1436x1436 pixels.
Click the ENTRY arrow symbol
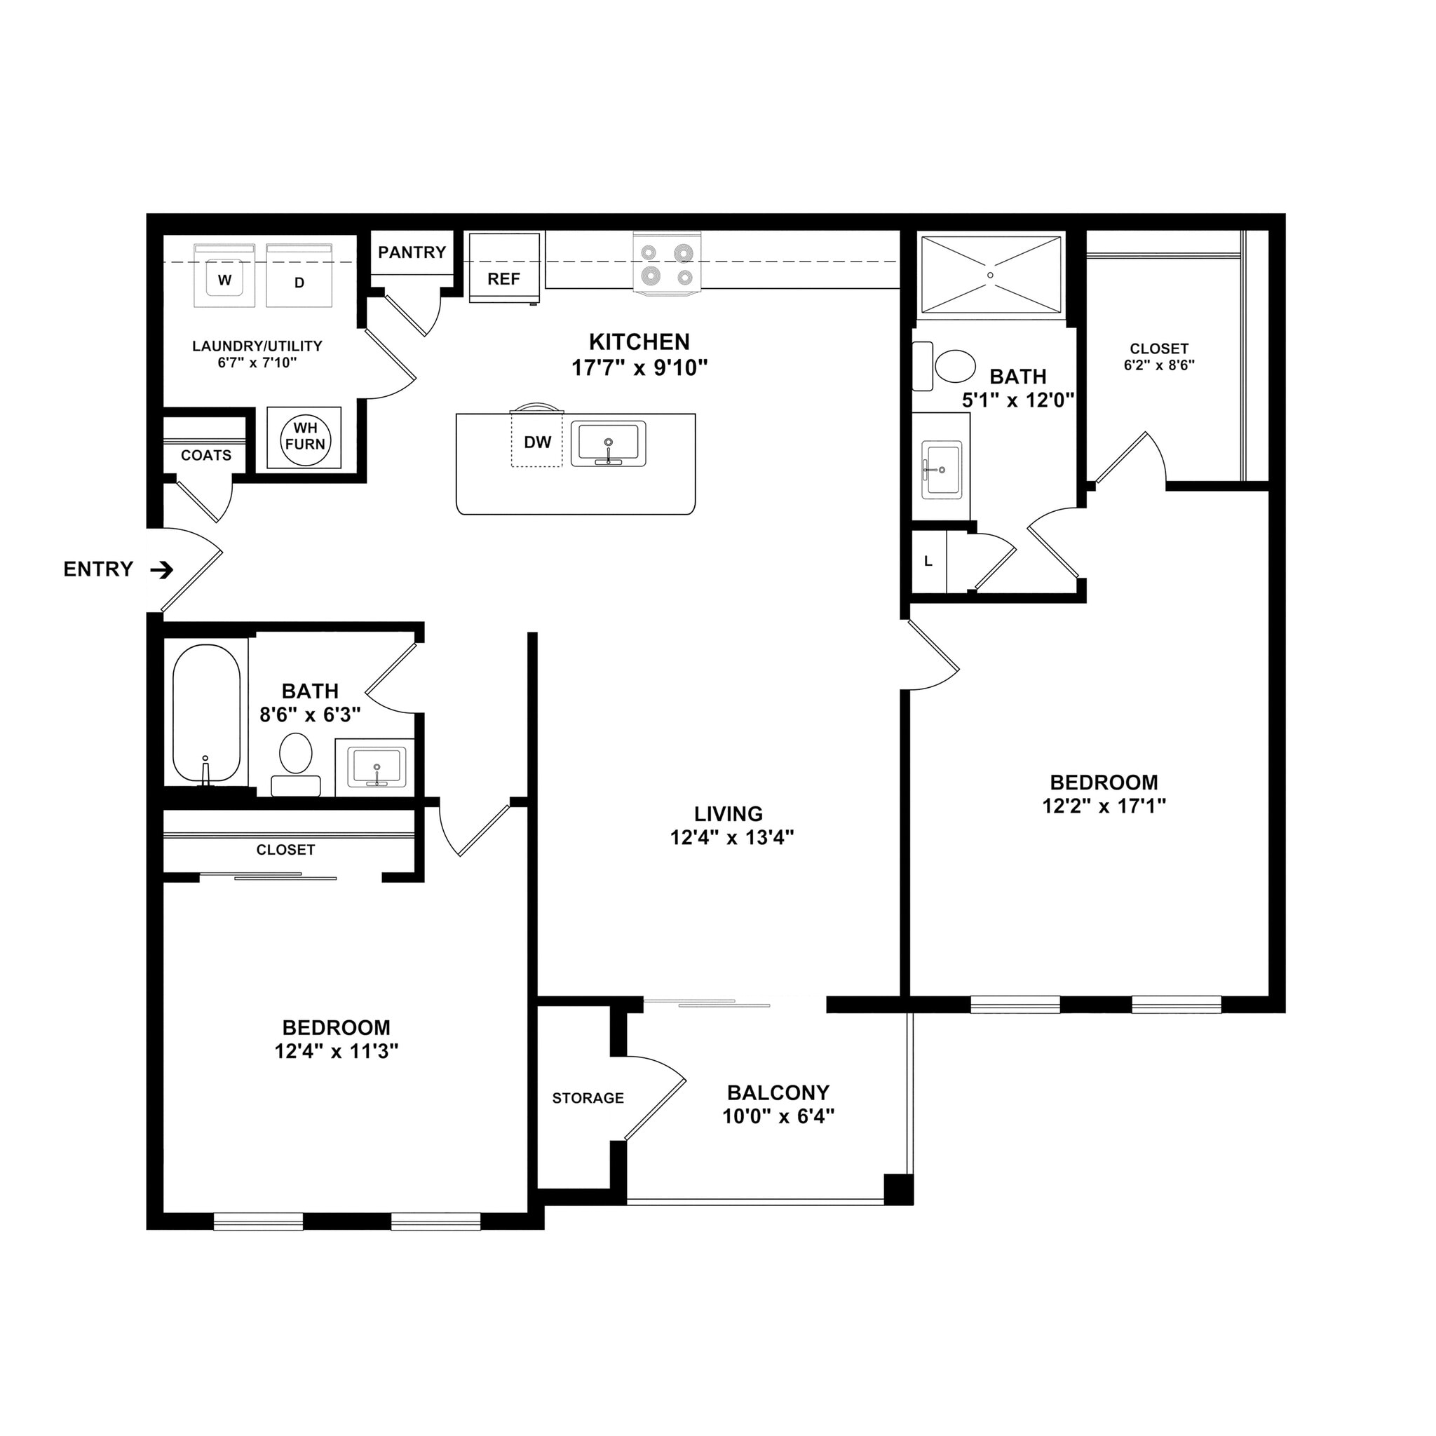coord(162,570)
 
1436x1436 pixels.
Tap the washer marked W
coord(224,276)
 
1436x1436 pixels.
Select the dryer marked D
coord(299,276)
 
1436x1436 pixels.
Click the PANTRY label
coord(412,252)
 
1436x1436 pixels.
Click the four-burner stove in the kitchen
coord(667,264)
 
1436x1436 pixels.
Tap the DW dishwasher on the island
coord(536,442)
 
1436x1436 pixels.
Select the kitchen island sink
coord(608,445)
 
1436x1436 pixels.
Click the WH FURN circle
coord(305,437)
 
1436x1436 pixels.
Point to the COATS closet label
coord(206,455)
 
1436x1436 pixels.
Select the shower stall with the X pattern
coord(991,276)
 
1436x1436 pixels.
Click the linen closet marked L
coord(928,562)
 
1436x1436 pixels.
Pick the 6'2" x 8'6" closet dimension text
coord(1159,365)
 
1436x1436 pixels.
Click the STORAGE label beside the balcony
coord(588,1098)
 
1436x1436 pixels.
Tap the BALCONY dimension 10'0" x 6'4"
coord(778,1116)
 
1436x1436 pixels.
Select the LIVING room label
coord(729,814)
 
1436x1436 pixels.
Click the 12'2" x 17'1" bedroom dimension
coord(1104,806)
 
